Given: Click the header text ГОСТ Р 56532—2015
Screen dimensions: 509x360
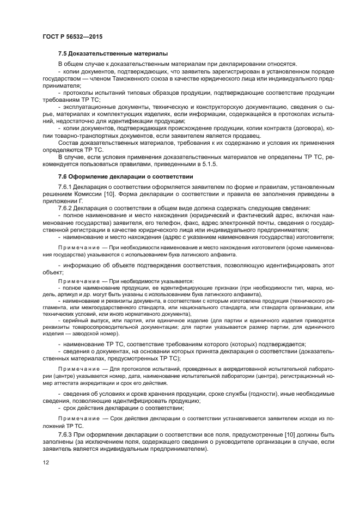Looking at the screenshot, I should [72, 36].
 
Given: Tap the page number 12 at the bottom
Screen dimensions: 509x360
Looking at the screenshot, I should [46, 462].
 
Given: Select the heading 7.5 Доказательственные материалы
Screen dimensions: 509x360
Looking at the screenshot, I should [113, 53].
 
